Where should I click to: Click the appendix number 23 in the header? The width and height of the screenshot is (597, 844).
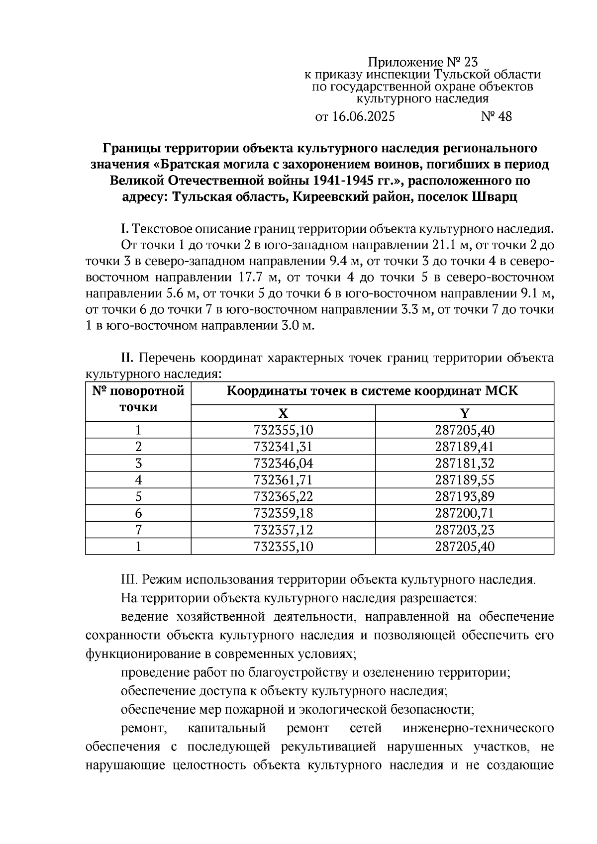click(x=470, y=63)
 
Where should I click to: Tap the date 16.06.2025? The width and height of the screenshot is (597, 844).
click(x=363, y=117)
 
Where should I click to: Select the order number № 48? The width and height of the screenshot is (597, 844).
click(x=496, y=117)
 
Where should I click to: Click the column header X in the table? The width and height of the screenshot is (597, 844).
click(x=283, y=413)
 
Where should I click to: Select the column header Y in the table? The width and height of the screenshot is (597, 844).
click(x=464, y=413)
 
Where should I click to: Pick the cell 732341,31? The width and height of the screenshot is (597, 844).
click(x=283, y=447)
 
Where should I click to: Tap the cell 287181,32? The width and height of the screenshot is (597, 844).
click(x=464, y=464)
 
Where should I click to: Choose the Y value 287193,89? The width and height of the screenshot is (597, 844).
click(x=464, y=496)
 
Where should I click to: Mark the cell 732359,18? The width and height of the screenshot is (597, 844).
click(x=283, y=513)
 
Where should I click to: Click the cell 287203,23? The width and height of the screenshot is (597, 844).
click(x=464, y=530)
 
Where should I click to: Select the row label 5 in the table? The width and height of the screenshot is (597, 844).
click(x=138, y=496)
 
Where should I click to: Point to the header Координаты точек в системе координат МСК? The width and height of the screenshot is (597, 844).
click(x=372, y=391)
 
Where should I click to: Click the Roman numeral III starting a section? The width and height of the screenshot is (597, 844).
click(x=129, y=580)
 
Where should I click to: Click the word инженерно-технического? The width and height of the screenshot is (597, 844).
click(x=478, y=729)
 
